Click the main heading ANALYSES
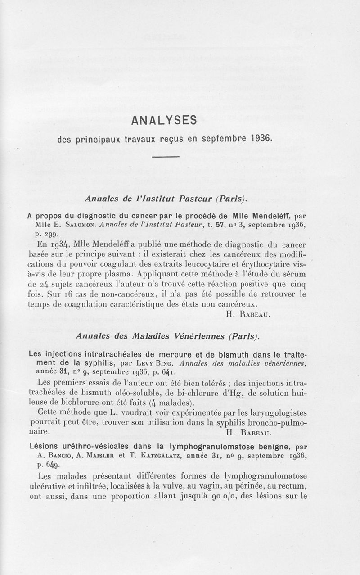(164, 121)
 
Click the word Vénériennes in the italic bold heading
(197, 336)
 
